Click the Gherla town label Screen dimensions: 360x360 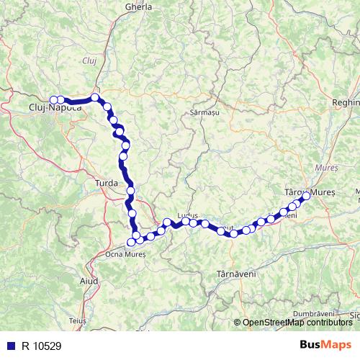pos(138,6)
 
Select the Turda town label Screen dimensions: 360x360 pos(106,184)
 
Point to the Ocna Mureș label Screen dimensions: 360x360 pos(125,253)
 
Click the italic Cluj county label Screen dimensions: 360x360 pos(90,60)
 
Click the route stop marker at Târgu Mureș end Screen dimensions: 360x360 pos(306,195)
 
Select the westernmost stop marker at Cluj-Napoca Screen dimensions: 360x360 pos(53,100)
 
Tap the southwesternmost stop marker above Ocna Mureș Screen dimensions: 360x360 pos(130,242)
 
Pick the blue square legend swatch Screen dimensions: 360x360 pos(9,346)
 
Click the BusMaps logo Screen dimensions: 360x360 pos(325,345)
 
